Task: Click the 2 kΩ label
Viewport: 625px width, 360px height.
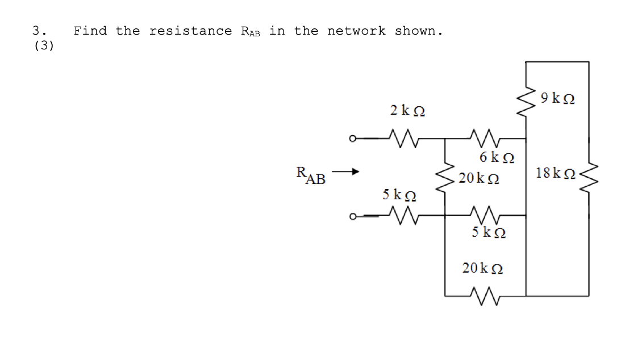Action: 407,110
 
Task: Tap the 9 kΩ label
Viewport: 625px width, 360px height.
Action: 557,98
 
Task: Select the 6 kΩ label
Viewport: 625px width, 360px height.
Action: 497,157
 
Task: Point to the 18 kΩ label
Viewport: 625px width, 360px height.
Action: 555,173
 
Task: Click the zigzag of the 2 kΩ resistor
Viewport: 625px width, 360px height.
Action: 403,138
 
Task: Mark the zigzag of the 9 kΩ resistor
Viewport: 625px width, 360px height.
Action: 526,101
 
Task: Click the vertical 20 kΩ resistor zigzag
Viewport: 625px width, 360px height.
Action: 445,178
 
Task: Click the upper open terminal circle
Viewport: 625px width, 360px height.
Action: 352,139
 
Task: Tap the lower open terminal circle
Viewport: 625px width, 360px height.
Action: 352,217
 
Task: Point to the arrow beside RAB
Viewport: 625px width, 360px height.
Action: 345,171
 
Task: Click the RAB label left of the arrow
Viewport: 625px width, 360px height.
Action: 311,175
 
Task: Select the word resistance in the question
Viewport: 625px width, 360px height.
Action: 190,31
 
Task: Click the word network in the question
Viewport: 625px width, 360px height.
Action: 356,31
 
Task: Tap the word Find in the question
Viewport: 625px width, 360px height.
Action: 90,31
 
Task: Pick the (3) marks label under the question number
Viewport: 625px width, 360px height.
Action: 44,45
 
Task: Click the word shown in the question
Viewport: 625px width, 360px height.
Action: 419,31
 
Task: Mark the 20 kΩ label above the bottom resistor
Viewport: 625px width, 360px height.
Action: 482,268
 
